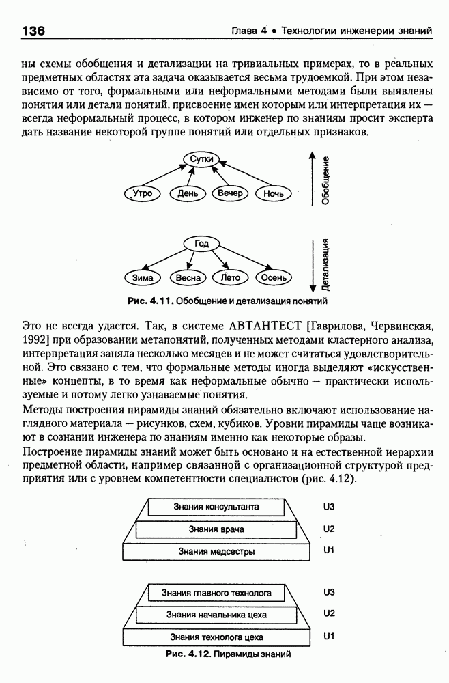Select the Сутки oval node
[x=203, y=159]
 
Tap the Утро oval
[x=143, y=194]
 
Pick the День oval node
[x=188, y=194]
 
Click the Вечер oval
[x=231, y=193]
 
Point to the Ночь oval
[x=274, y=194]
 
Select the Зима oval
[x=143, y=278]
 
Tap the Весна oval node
[x=188, y=278]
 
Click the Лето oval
[x=231, y=277]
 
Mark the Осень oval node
[x=274, y=278]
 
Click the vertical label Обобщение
[x=327, y=181]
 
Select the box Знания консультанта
[x=216, y=507]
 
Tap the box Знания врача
[x=216, y=529]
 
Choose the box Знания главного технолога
[x=216, y=593]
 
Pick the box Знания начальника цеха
[x=216, y=615]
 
